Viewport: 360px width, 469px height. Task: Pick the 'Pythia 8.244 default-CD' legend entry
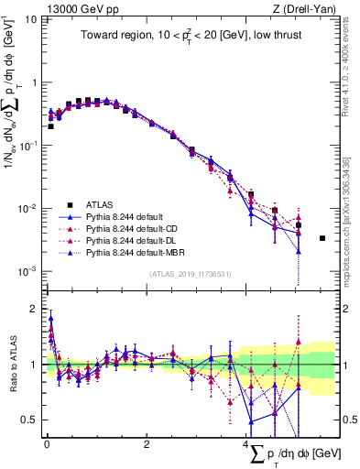tap(133, 228)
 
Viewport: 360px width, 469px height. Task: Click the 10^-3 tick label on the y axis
tap(25, 271)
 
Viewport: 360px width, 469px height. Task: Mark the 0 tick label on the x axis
tap(47, 444)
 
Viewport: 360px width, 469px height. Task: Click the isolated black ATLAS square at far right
tap(322, 238)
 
